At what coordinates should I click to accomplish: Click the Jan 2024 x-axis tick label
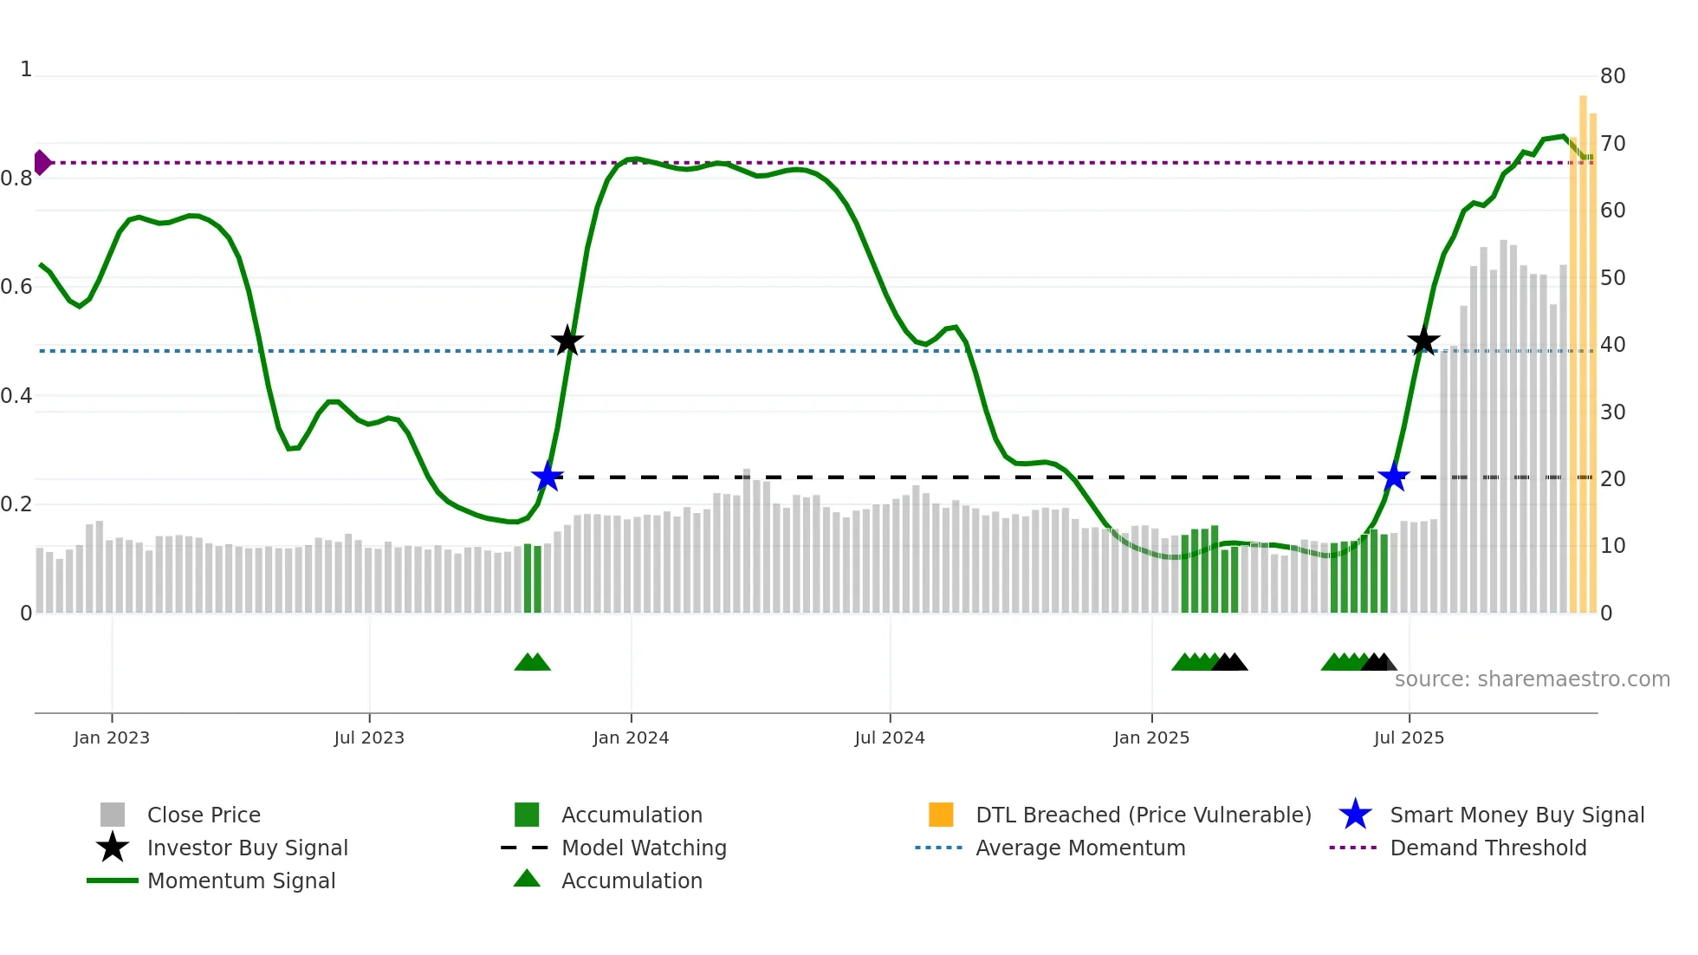pos(631,737)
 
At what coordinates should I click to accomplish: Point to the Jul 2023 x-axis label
pos(369,737)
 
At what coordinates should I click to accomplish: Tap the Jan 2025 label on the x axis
pos(1151,737)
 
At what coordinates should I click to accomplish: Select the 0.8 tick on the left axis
pos(16,179)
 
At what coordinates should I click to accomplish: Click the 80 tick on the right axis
pos(1612,76)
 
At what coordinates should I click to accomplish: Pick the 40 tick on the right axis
pos(1612,345)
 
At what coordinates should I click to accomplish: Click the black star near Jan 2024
pos(567,341)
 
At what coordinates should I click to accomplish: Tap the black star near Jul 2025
pos(1423,341)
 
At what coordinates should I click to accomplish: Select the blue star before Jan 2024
pos(548,477)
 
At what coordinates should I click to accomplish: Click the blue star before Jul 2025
pos(1394,477)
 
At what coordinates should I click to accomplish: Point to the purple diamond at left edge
pos(42,162)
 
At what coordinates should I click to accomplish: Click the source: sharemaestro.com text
pos(1532,679)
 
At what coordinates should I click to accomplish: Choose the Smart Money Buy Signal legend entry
pos(1516,815)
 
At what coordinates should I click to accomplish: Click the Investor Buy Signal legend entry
pos(247,848)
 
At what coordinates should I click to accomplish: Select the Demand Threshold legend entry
pos(1487,848)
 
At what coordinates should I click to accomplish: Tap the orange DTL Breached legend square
pos(941,815)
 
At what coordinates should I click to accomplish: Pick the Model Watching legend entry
pos(643,848)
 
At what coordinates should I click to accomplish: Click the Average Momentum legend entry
pos(1079,848)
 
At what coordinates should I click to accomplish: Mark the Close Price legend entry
pos(203,815)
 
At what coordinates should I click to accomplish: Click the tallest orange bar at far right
pos(1583,347)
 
